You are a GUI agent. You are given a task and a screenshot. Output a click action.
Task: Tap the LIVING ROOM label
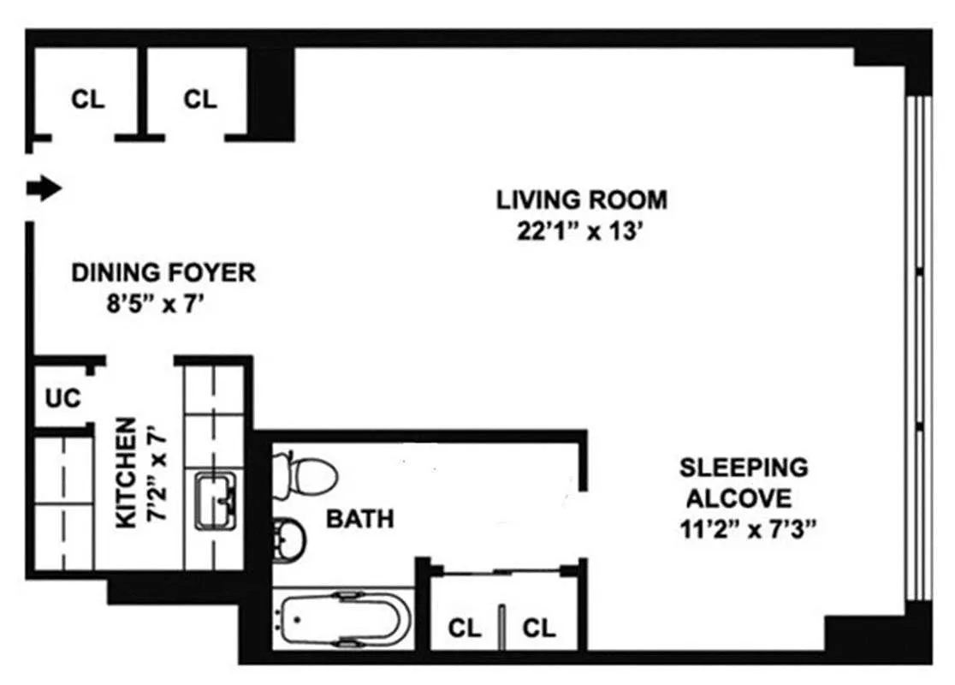(582, 200)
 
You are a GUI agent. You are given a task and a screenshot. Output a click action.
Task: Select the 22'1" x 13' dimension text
(580, 231)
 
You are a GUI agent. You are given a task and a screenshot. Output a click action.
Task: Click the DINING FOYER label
(163, 272)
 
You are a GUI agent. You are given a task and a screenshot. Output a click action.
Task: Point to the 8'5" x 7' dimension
(154, 303)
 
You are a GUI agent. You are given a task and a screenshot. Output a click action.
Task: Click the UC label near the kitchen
(62, 398)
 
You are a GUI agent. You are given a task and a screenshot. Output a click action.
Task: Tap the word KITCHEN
(126, 473)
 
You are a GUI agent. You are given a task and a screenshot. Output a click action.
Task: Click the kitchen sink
(217, 501)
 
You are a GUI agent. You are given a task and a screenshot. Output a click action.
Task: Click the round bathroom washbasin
(288, 540)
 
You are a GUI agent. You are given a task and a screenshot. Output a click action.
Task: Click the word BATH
(360, 519)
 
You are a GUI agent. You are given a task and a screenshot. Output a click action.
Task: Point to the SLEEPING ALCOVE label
(743, 483)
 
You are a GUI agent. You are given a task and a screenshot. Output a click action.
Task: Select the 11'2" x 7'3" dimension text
(747, 529)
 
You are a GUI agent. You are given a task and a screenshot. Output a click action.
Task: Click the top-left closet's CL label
(87, 98)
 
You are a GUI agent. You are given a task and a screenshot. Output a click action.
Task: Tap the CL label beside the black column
(200, 98)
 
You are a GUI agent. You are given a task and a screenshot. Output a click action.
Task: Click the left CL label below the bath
(465, 628)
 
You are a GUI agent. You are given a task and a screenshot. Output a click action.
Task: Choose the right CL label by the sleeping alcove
(539, 628)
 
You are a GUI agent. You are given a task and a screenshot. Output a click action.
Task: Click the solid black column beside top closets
(271, 94)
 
